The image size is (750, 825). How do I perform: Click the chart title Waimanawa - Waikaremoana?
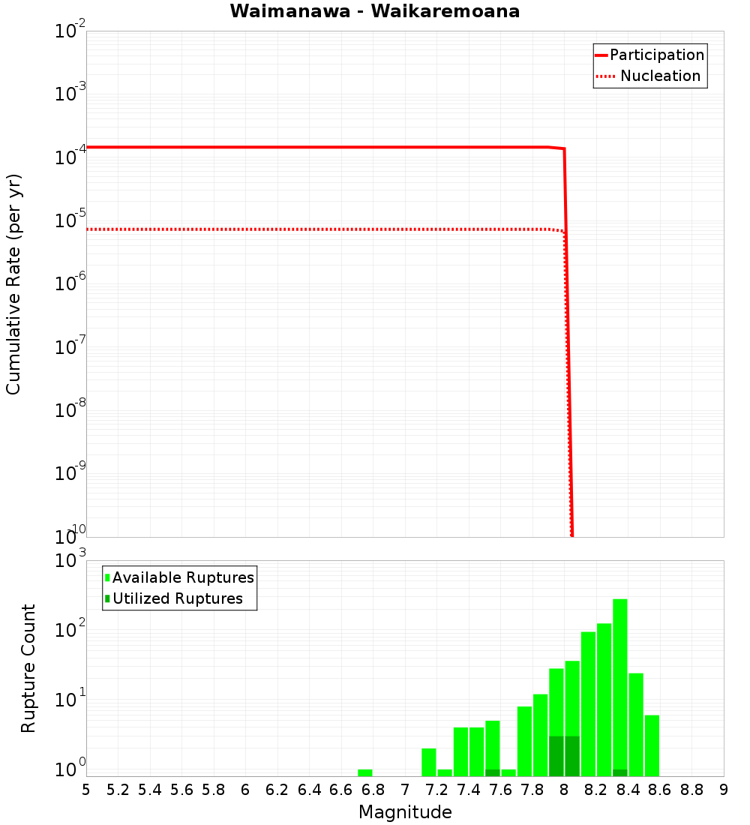click(x=374, y=11)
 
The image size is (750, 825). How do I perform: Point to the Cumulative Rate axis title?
click(x=13, y=283)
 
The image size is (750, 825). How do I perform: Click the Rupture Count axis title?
click(x=28, y=668)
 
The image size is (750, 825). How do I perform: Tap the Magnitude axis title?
click(x=405, y=811)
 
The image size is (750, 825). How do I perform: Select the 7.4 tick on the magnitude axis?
click(x=469, y=790)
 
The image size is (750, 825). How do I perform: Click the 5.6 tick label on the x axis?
click(x=181, y=790)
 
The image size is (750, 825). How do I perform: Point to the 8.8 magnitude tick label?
click(x=691, y=790)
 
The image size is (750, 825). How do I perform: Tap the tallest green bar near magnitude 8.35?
click(x=620, y=686)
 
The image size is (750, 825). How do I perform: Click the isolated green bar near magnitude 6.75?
click(x=365, y=772)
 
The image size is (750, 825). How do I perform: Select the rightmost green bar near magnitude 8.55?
click(x=652, y=745)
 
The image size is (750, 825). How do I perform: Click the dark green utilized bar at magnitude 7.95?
click(x=556, y=756)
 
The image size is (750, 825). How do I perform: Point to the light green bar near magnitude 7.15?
click(x=429, y=762)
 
